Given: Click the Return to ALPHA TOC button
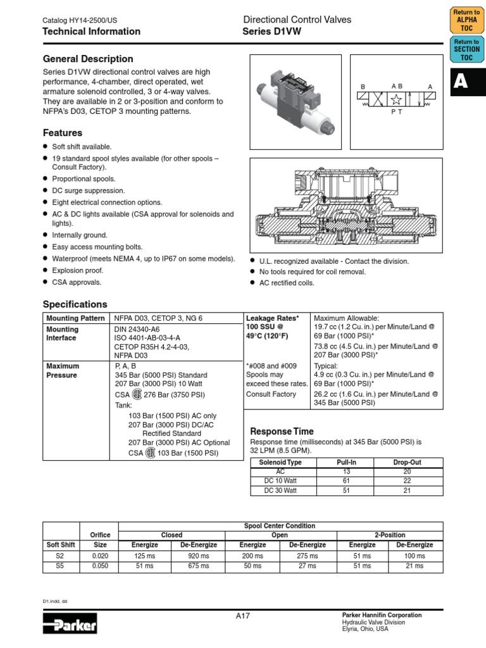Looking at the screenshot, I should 467,20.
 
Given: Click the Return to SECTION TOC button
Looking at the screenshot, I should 467,49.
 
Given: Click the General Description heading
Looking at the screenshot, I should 87,59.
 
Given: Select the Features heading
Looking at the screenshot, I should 62,133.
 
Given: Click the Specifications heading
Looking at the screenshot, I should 75,304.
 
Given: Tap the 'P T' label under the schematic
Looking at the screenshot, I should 396,111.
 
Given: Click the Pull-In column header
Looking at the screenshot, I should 345,463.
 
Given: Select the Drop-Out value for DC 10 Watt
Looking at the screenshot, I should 407,481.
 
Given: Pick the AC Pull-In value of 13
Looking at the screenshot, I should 345,471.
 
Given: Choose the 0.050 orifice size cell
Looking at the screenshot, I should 100,566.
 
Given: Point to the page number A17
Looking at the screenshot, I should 242,616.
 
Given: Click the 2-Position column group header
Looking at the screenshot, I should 390,535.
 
